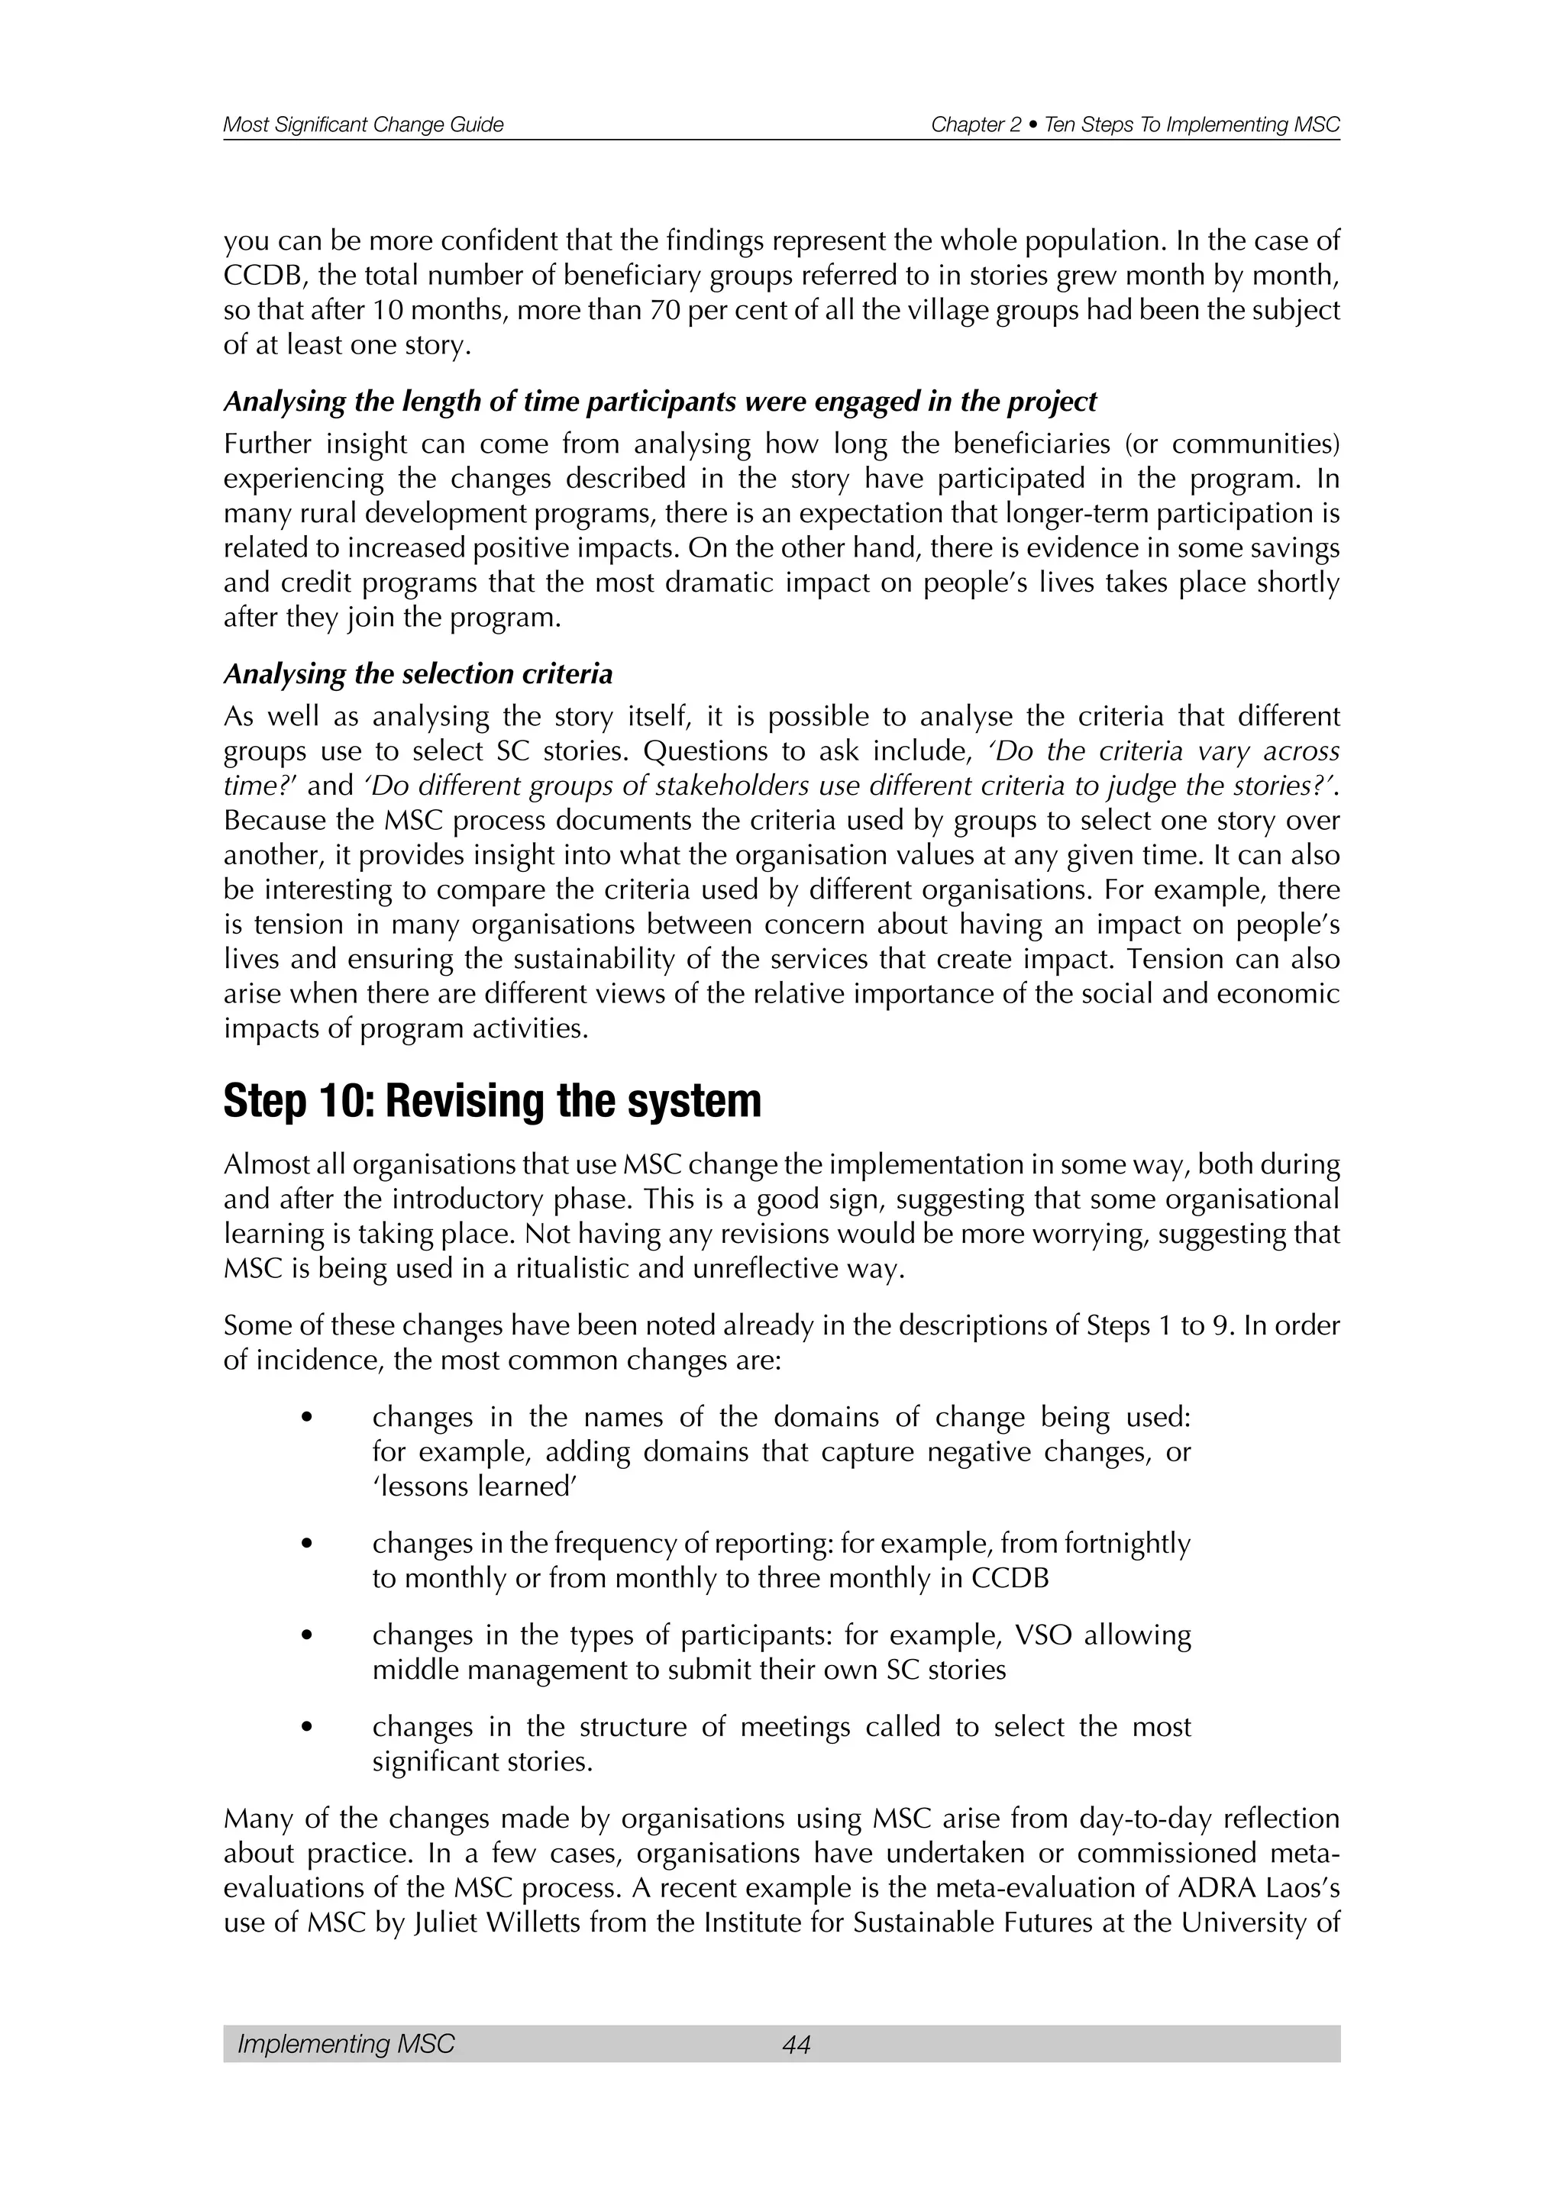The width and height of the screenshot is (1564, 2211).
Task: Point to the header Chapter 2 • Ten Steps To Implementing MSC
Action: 1135,125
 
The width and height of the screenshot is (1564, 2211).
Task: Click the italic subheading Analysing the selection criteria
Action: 418,674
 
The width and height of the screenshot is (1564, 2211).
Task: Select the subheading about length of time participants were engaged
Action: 660,402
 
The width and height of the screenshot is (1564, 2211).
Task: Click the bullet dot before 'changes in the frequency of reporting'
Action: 307,1544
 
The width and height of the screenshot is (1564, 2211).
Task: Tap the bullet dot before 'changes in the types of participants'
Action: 307,1636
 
